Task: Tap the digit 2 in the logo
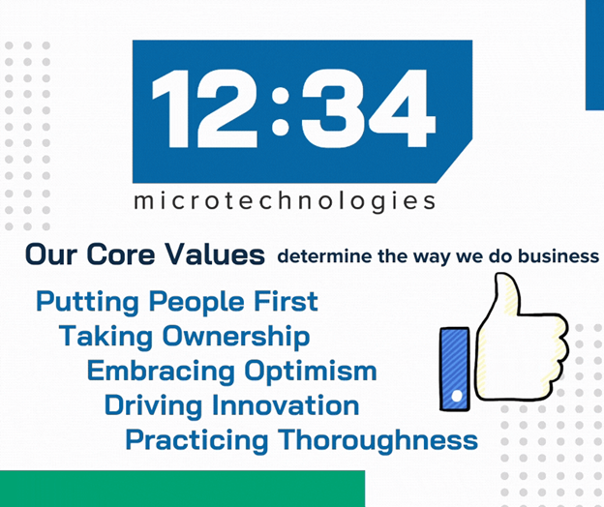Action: click(226, 108)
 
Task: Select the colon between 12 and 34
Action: click(281, 111)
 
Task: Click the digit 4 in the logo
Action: click(402, 108)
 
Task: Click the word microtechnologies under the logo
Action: click(285, 201)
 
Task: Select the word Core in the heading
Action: click(121, 254)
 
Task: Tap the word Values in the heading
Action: click(215, 254)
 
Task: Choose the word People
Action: click(196, 303)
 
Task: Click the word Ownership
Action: click(236, 337)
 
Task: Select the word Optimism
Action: click(311, 372)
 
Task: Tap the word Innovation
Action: click(286, 405)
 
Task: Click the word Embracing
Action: click(161, 372)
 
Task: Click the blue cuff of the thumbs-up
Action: click(455, 369)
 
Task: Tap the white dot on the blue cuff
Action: click(457, 396)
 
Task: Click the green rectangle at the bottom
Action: click(182, 489)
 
